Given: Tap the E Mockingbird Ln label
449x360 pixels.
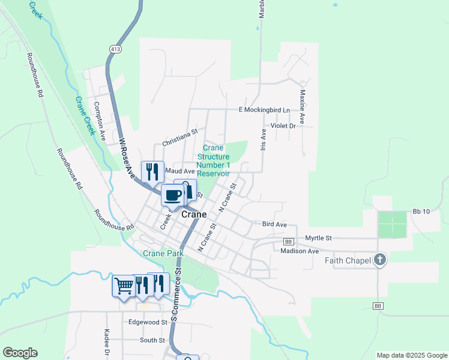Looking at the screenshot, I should point(264,110).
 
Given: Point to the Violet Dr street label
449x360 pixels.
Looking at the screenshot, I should point(283,126).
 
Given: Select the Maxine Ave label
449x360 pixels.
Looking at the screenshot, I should point(303,103).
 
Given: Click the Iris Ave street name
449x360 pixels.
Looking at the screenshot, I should point(263,139).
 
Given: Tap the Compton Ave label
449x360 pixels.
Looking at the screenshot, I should point(99,121).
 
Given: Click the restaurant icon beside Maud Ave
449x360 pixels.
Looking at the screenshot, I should point(152,172).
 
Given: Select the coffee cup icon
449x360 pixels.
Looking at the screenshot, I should point(172,194).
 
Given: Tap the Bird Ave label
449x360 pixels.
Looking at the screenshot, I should point(274,224).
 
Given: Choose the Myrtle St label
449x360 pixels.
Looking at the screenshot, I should point(318,238).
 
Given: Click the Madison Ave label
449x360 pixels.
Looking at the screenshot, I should point(299,251).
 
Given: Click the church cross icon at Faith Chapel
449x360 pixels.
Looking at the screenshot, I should point(379,260).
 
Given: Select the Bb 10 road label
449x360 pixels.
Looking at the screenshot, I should point(421,212).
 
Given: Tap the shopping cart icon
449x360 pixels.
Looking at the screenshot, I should point(123,286).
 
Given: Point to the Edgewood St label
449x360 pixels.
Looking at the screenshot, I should point(147,322).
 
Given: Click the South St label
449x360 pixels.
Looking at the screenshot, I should point(152,340).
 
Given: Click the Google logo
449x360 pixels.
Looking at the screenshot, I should point(20,353).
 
